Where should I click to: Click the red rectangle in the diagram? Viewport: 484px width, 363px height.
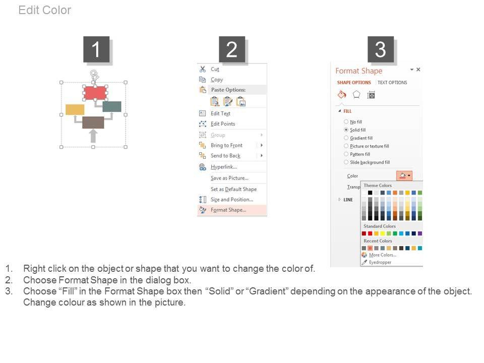[95, 93]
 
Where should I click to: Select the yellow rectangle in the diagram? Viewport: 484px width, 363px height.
[75, 109]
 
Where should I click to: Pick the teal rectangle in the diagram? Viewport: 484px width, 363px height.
[112, 106]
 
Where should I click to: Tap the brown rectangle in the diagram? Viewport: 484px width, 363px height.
[93, 123]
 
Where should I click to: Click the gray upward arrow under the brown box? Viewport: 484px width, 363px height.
[93, 136]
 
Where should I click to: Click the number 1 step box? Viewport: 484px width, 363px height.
[96, 49]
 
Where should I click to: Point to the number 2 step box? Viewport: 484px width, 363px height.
[232, 49]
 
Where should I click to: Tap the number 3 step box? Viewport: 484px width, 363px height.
[381, 49]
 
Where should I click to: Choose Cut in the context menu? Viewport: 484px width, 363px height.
[215, 70]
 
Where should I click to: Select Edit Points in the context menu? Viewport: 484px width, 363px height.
[223, 124]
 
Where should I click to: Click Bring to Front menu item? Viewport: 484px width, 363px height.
[226, 145]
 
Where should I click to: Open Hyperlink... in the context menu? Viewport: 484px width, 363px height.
[224, 167]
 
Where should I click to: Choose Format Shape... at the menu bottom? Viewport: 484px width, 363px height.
[228, 210]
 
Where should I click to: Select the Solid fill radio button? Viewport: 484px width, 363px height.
[346, 130]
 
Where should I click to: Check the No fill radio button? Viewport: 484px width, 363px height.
[346, 122]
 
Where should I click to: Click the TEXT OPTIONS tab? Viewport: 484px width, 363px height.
[392, 83]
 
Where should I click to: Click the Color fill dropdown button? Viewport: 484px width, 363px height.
[404, 175]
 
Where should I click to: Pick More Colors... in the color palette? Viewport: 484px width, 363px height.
[383, 255]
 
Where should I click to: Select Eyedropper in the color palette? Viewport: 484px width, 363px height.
[380, 262]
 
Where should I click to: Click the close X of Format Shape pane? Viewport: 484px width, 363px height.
[418, 70]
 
